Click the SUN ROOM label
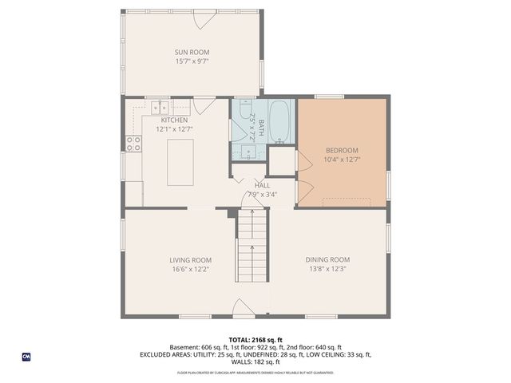(192, 53)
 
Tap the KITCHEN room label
(174, 120)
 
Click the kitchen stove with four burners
(133, 144)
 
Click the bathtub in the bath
(279, 122)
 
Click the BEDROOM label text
(342, 150)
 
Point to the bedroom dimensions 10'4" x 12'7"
(342, 160)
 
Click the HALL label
(263, 184)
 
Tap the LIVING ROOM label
(190, 260)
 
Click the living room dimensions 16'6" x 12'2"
(190, 269)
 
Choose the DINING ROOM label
(328, 260)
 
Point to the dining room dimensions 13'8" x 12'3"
(328, 269)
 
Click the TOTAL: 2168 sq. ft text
(255, 340)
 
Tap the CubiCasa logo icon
(26, 357)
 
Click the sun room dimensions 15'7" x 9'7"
(192, 61)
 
